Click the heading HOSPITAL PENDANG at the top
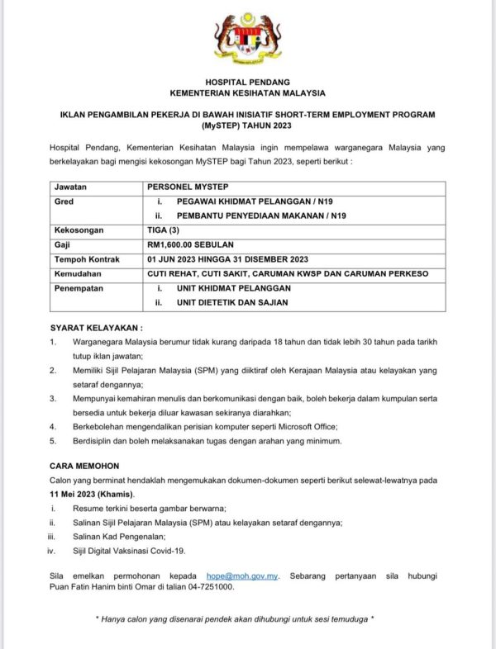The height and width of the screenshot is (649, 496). pos(247,82)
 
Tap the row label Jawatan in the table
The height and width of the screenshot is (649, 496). pos(69,188)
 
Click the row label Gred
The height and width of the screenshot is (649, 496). pos(64,201)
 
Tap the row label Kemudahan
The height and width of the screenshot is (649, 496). pos(78,273)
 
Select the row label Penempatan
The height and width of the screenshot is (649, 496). pos(79,287)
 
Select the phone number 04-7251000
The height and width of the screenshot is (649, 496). pos(210,587)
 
